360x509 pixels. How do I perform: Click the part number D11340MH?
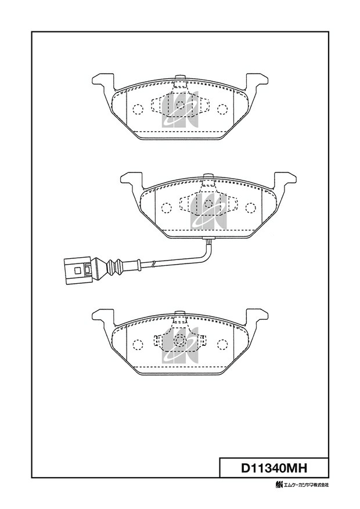click(274, 468)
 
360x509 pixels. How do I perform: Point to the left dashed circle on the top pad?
click(138, 109)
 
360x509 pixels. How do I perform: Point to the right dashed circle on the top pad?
click(222, 109)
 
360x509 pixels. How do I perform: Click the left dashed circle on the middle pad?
click(166, 208)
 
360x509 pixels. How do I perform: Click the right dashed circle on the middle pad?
click(251, 208)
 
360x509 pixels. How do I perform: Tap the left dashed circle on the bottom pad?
click(138, 344)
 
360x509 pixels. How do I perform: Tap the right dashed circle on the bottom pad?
click(222, 344)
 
